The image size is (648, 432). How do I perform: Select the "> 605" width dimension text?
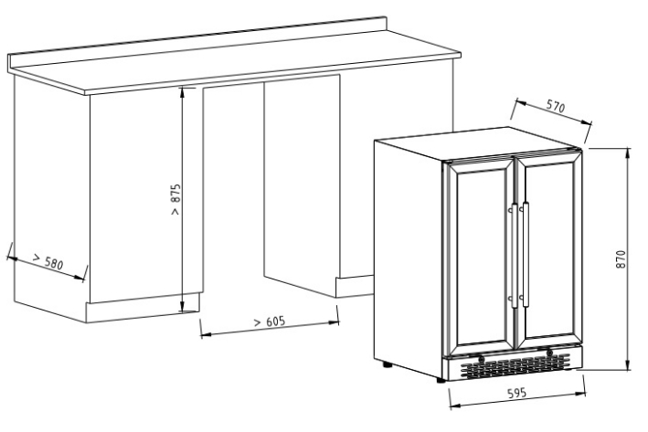[x=269, y=321]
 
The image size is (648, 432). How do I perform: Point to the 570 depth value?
[x=555, y=108]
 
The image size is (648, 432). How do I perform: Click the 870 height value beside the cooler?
[x=621, y=260]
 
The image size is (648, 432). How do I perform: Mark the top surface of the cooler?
[x=475, y=146]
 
